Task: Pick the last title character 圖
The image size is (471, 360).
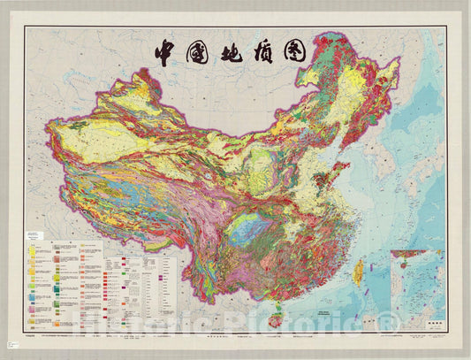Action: [x=294, y=52]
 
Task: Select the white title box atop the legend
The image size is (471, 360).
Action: [x=42, y=236]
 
